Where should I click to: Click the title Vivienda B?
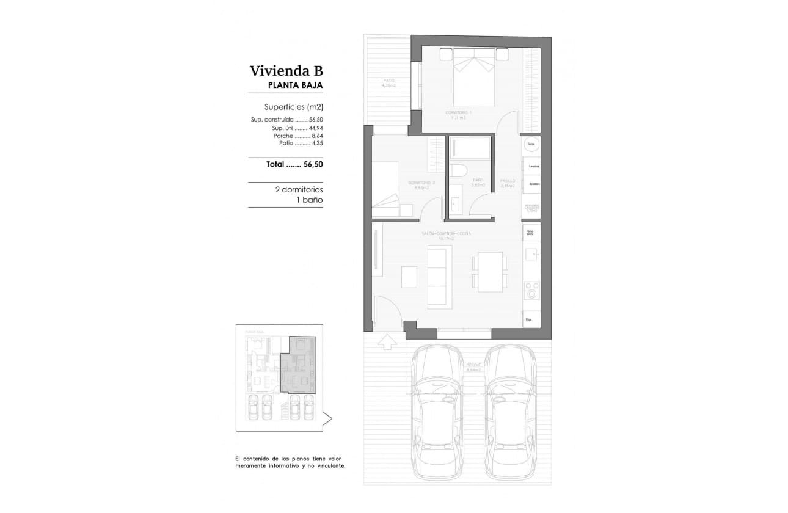pyautogui.click(x=286, y=71)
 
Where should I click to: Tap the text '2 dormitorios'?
pyautogui.click(x=299, y=190)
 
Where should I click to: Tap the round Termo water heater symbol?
pyautogui.click(x=531, y=145)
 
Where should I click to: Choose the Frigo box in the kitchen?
pyautogui.click(x=531, y=319)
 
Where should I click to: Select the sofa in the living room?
pyautogui.click(x=440, y=276)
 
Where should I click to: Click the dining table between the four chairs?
pyautogui.click(x=489, y=272)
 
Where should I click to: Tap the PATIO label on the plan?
pyautogui.click(x=389, y=80)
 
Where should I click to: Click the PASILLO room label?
pyautogui.click(x=508, y=181)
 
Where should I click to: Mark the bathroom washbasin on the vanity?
pyautogui.click(x=455, y=204)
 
